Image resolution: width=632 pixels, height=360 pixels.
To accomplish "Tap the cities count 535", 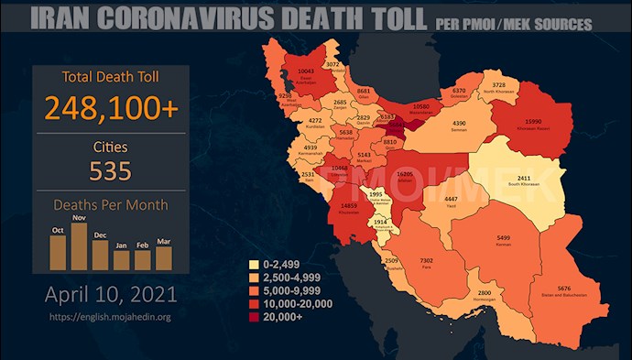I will click(109, 170).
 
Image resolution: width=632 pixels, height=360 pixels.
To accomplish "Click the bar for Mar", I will click(163, 257).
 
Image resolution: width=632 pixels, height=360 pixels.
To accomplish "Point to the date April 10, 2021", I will click(110, 296).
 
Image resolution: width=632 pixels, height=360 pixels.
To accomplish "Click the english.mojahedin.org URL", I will click(109, 317).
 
